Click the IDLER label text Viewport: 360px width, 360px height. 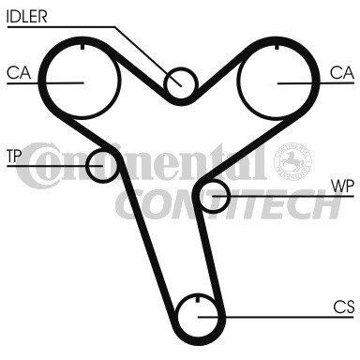tap(27, 17)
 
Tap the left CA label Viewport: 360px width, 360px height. tap(19, 73)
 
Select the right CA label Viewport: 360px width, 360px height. tap(342, 73)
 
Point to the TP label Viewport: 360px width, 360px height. tap(13, 156)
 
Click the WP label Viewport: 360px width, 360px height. tap(343, 187)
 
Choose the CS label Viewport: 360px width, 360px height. tap(344, 307)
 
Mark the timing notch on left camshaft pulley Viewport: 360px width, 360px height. tap(82, 47)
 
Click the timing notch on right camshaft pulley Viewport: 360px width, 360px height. tap(277, 47)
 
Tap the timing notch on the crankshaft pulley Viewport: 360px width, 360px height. tap(197, 299)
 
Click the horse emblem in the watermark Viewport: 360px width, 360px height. tap(292, 161)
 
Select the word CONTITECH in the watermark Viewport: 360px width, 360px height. tap(228, 204)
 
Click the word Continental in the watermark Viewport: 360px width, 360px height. tap(141, 164)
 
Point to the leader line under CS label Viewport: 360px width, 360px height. tap(276, 317)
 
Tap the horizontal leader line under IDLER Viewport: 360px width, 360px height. tap(61, 27)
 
